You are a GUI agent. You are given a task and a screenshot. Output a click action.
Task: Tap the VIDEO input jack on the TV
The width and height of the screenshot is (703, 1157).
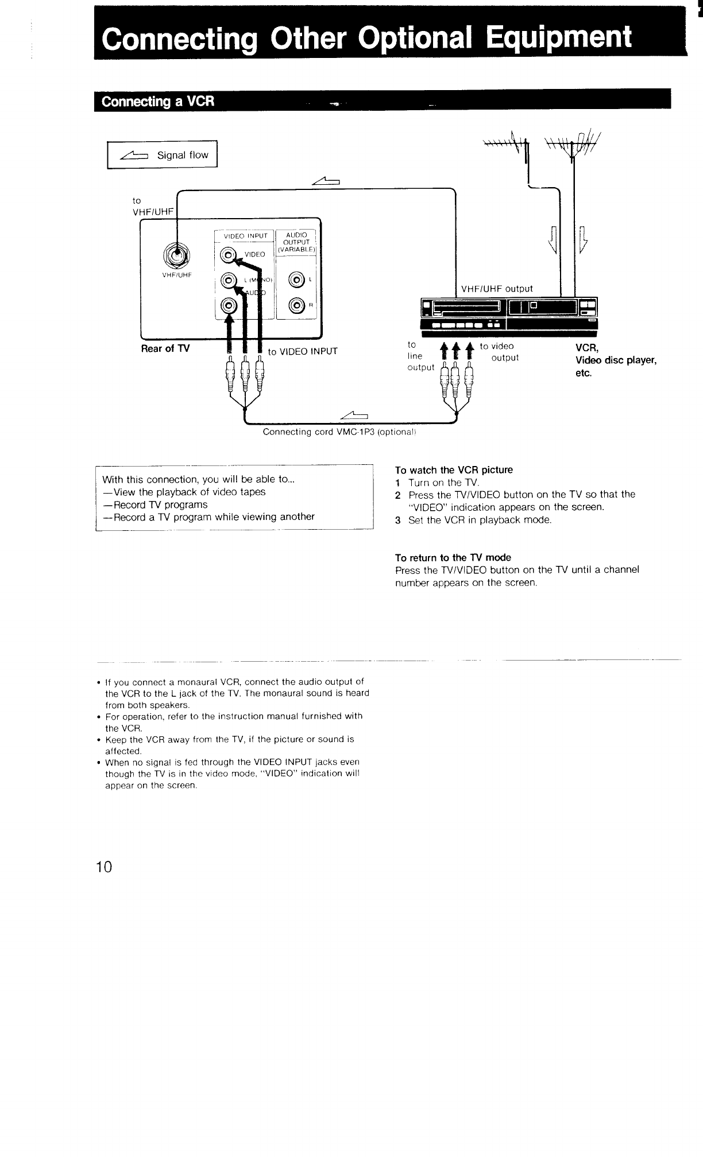click(229, 254)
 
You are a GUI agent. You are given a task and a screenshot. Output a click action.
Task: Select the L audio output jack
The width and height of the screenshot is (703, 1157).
click(297, 280)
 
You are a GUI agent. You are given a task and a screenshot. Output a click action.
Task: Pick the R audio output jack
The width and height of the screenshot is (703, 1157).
click(297, 305)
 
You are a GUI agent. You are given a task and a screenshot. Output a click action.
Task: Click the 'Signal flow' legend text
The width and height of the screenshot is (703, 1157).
click(183, 155)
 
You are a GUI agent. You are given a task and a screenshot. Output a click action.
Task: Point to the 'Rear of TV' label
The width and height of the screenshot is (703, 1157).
click(165, 348)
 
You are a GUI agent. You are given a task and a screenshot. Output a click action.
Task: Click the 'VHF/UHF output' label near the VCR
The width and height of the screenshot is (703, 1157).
click(497, 289)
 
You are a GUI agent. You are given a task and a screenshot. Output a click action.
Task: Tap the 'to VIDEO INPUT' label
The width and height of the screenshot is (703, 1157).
click(303, 351)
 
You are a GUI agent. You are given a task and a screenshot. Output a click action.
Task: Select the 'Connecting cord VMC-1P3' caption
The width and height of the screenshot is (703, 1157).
click(338, 432)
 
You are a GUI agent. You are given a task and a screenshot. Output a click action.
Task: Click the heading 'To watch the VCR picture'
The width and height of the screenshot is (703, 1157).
click(454, 470)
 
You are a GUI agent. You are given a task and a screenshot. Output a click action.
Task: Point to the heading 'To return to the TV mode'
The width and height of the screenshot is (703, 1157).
click(453, 558)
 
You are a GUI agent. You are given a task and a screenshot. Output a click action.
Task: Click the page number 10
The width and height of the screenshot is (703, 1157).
click(105, 867)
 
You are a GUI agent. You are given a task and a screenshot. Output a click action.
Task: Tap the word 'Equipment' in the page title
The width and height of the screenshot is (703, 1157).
click(557, 37)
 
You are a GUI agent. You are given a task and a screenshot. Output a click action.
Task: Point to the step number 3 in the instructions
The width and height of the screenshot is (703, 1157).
click(397, 521)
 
